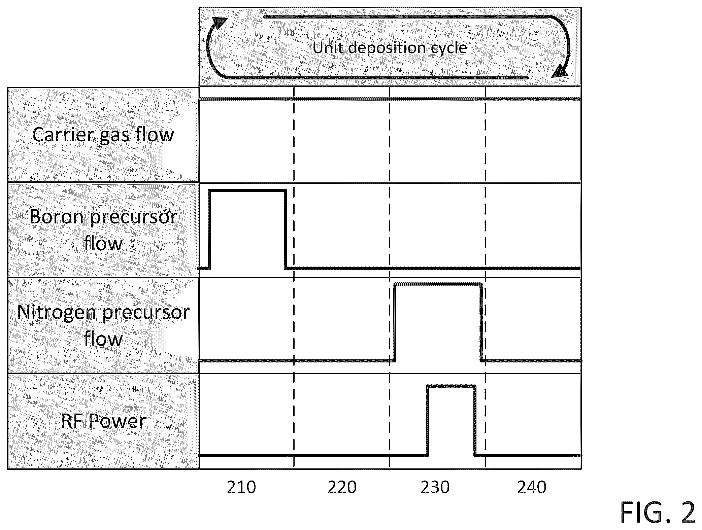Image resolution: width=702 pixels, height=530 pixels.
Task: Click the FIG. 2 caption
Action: (658, 513)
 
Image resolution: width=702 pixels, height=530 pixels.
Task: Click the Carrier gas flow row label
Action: (103, 135)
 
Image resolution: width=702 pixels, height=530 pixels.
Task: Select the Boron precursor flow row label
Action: (103, 230)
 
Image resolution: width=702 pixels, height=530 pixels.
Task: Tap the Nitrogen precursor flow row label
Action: (103, 325)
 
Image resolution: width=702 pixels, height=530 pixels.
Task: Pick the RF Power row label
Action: (103, 421)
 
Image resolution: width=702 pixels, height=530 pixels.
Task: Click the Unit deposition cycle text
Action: (390, 48)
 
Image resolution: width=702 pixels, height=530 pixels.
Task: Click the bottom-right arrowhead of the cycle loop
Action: (560, 70)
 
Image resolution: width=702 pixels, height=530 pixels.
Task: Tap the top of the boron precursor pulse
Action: (247, 191)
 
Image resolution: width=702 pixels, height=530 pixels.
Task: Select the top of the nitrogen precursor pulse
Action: (438, 284)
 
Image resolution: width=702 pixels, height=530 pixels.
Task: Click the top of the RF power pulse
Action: (451, 386)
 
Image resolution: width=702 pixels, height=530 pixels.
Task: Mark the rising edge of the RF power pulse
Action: (428, 421)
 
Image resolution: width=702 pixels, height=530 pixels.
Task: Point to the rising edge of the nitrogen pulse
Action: (395, 322)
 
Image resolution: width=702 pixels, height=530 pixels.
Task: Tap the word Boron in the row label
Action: (56, 217)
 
